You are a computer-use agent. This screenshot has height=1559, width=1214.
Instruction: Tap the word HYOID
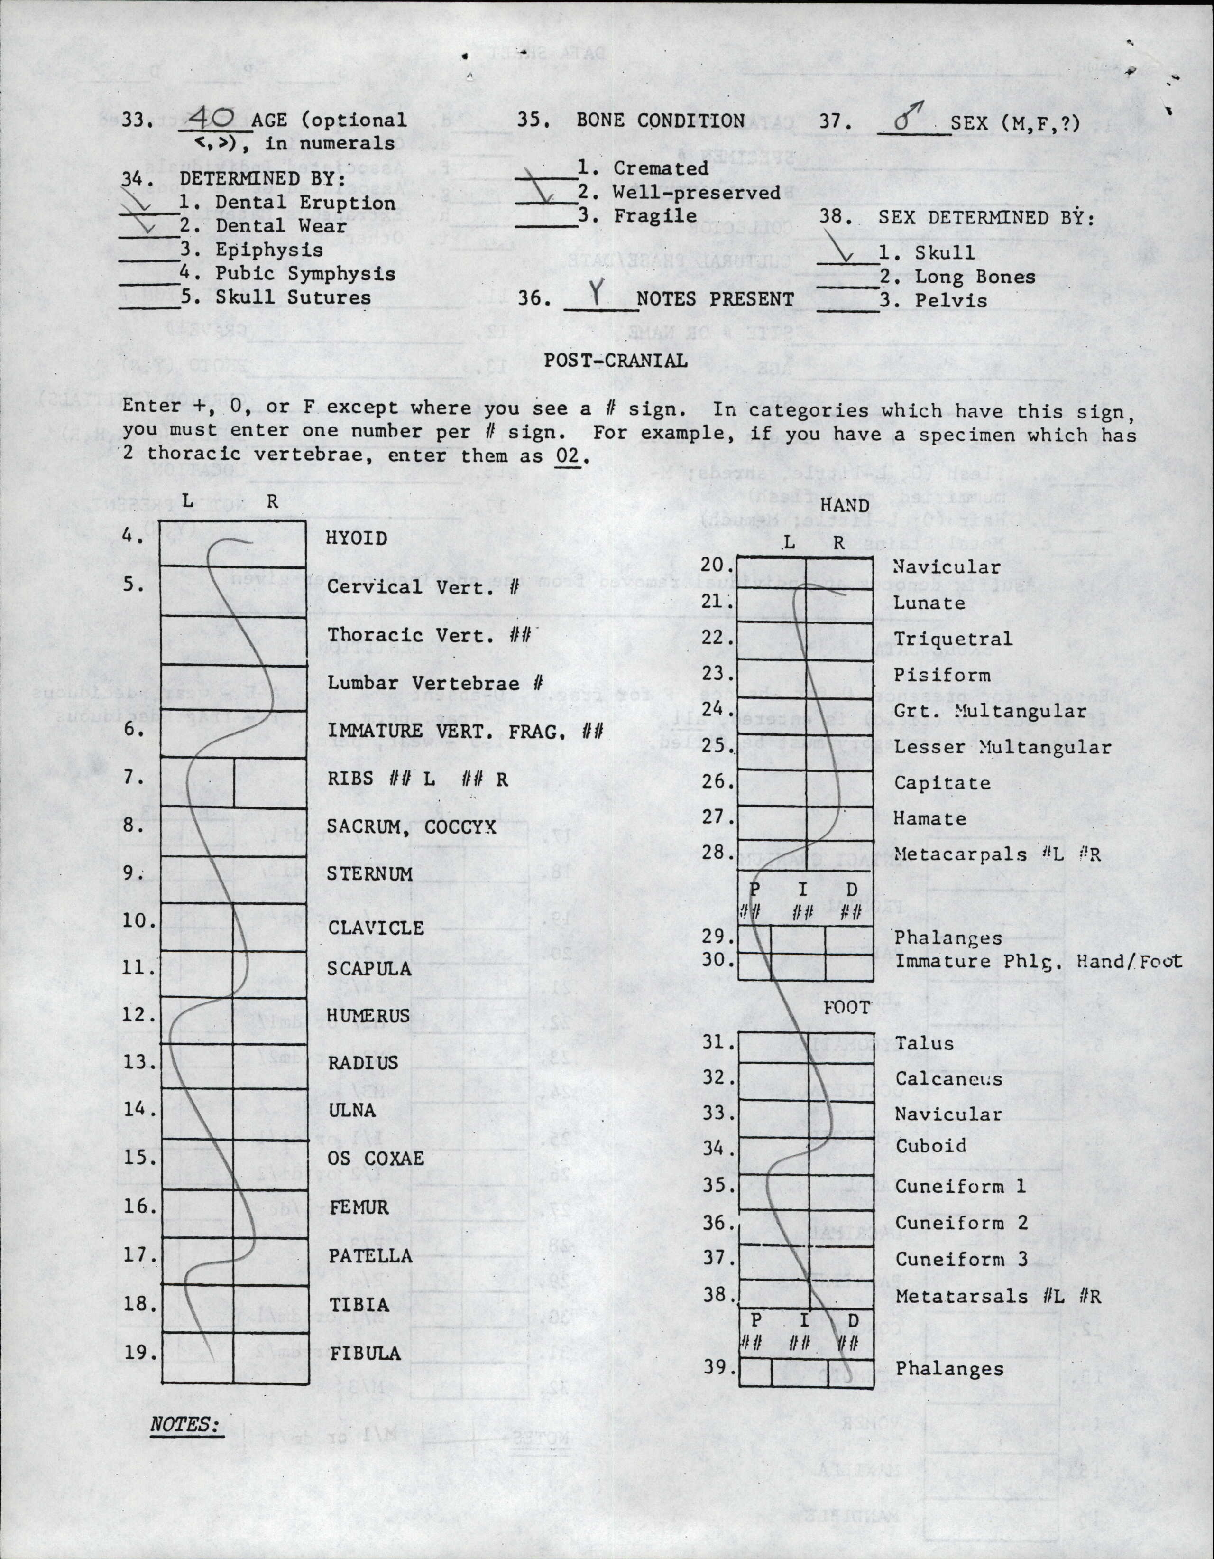tap(356, 538)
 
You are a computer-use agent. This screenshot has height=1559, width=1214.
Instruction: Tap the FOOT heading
tap(846, 1008)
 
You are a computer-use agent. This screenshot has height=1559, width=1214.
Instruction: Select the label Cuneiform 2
tap(961, 1223)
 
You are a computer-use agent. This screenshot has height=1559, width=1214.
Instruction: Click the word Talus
tap(924, 1043)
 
